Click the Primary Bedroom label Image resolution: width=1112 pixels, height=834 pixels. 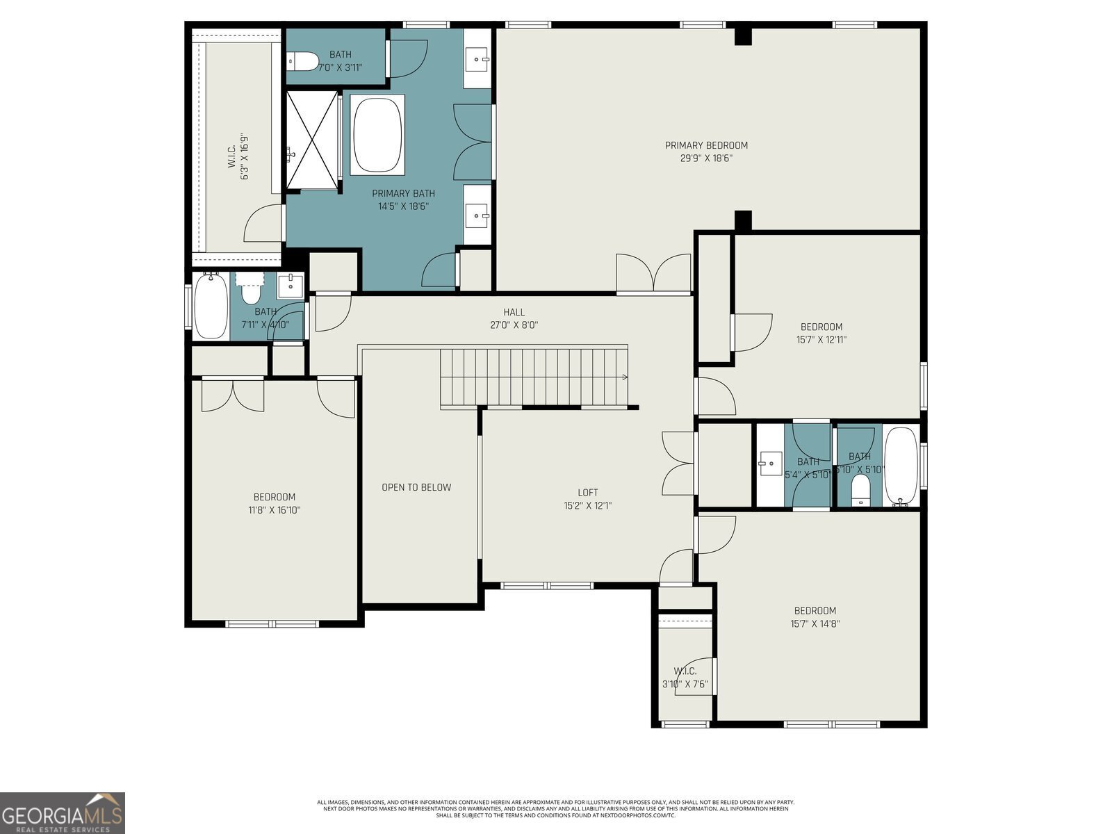pos(706,145)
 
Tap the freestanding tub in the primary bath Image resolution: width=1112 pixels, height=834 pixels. pos(377,134)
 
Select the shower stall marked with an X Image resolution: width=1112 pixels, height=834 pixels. pos(311,140)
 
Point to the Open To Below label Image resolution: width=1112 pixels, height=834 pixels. pos(416,487)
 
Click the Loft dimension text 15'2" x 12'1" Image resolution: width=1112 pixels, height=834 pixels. pos(587,506)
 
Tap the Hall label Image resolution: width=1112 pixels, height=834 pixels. pos(514,312)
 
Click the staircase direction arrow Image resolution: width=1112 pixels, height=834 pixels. pos(624,377)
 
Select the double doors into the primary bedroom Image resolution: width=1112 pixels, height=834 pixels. pos(654,272)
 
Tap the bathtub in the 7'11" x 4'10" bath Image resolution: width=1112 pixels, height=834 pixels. pos(211,306)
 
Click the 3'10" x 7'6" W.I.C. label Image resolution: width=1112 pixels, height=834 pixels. pos(685,678)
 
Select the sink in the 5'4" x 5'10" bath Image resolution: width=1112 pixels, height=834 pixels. pos(769,463)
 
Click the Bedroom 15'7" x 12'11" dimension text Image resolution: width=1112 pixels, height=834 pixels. pos(821,340)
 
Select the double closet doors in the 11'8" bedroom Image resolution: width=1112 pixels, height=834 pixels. pos(233,395)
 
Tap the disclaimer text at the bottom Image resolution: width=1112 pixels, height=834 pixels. pos(556,808)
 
